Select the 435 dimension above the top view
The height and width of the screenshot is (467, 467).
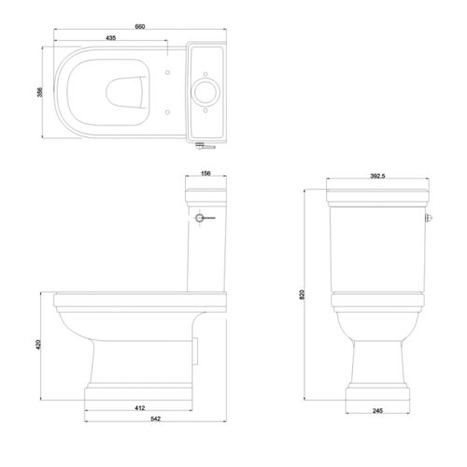110,37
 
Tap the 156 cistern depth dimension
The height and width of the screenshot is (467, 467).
206,172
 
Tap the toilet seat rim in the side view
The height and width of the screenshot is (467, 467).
140,300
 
